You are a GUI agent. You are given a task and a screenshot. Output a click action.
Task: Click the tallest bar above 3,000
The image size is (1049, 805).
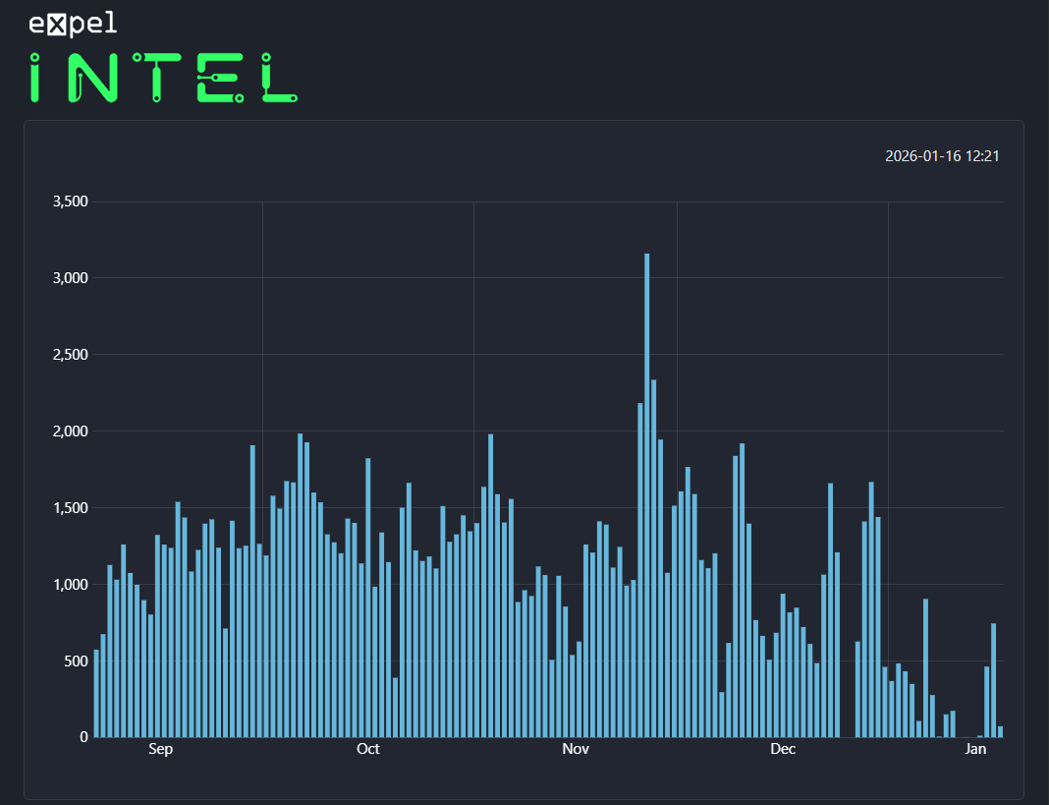646,491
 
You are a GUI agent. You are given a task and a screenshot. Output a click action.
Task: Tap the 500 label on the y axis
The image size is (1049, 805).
76,661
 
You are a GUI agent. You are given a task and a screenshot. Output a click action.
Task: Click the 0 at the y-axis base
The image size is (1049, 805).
83,737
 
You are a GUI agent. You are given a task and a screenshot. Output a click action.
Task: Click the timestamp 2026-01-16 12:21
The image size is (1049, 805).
942,156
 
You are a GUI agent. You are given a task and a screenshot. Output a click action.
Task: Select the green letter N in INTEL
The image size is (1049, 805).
93,79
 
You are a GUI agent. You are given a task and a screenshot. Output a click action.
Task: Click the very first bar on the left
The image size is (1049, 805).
96,693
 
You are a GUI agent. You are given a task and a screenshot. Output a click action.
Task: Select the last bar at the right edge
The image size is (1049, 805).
1000,731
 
